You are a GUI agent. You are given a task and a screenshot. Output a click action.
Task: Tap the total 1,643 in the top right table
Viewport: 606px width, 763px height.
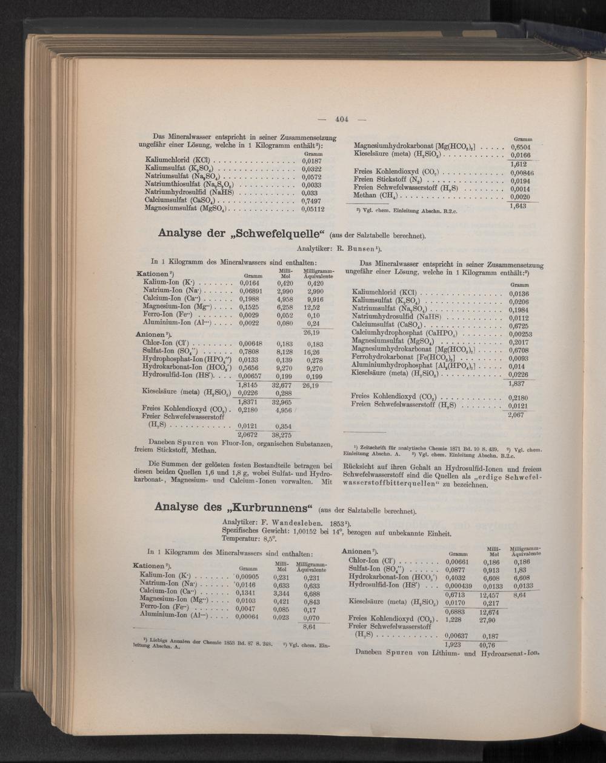[x=518, y=207]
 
